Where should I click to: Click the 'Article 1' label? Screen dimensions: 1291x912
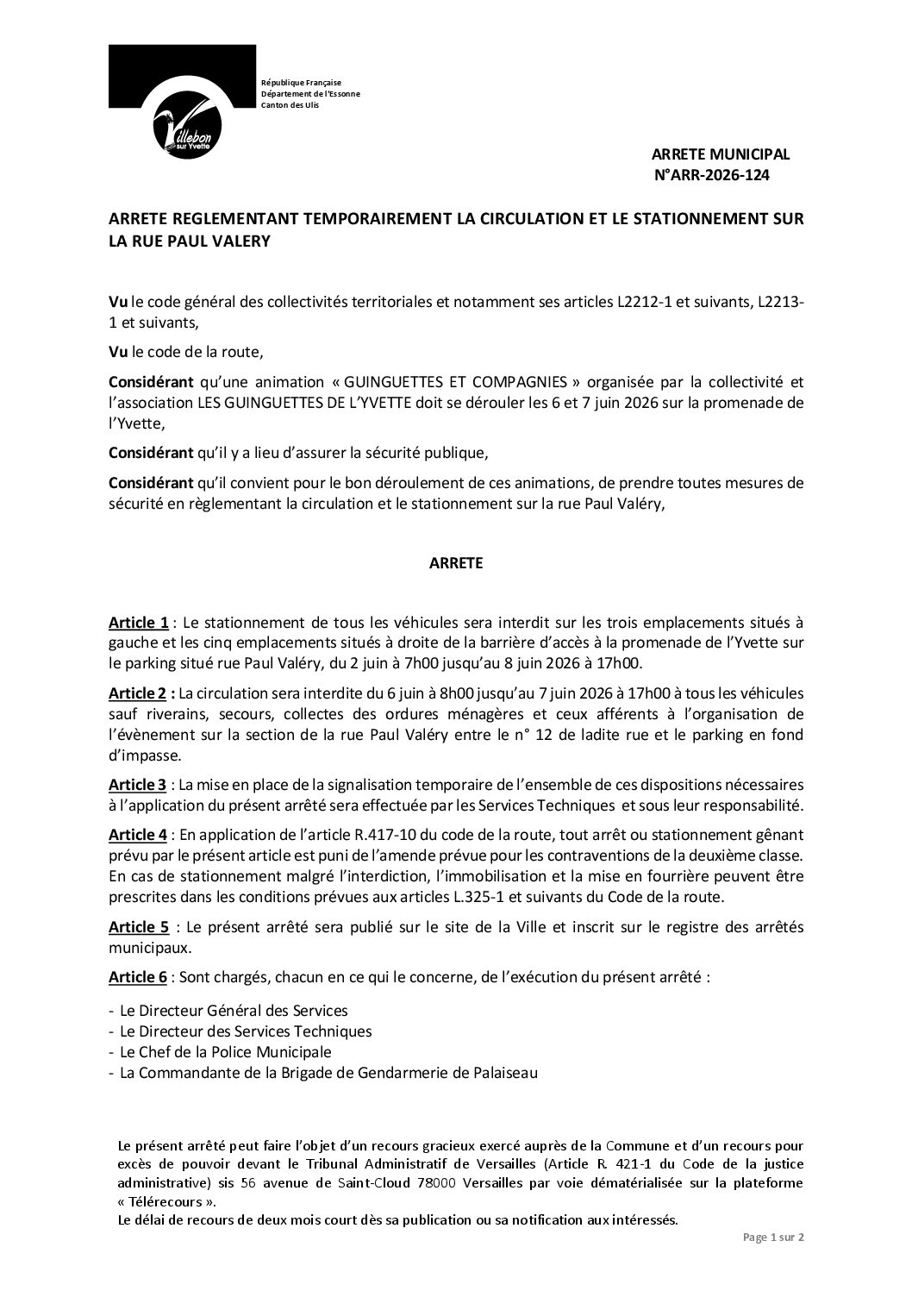138,623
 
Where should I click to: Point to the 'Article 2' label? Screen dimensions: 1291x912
138,693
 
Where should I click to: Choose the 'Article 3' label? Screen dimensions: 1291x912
138,785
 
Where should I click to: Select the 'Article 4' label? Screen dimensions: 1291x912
138,834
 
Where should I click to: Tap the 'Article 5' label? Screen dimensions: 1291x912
138,927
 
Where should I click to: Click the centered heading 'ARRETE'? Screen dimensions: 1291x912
456,563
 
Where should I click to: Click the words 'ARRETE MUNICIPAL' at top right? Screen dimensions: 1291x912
720,154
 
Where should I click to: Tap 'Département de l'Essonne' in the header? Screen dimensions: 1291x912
310,93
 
